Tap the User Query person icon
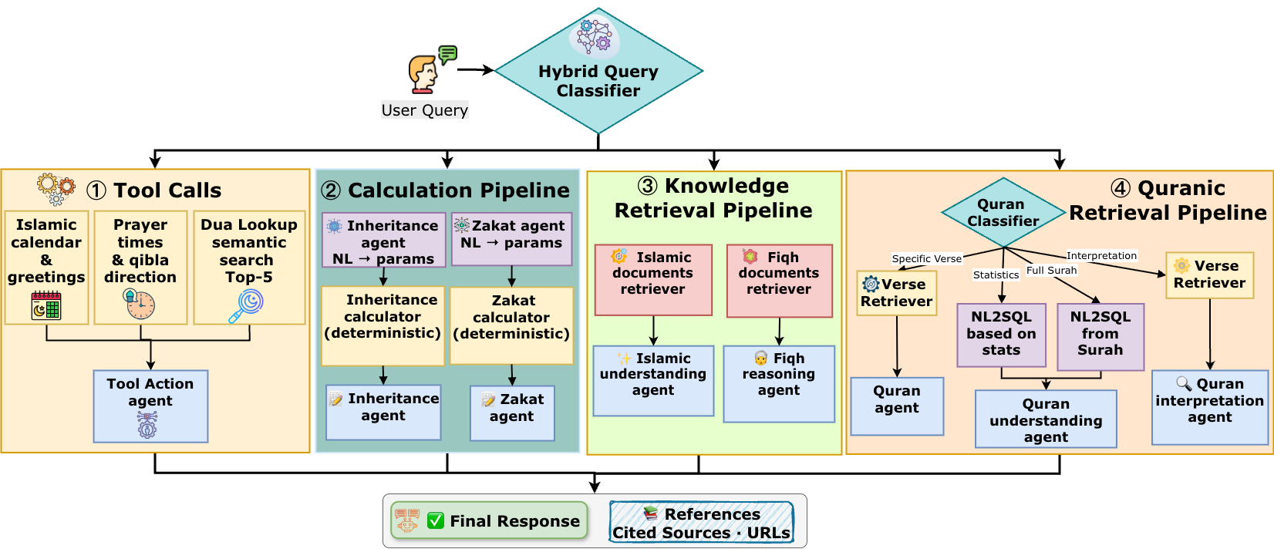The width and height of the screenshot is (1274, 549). (423, 74)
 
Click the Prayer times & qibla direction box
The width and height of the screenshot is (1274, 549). (140, 267)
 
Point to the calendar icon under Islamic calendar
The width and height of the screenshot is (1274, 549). (46, 305)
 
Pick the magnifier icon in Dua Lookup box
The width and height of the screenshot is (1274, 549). (247, 306)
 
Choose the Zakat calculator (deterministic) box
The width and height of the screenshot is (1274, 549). (511, 325)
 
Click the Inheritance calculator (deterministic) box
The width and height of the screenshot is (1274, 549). (383, 325)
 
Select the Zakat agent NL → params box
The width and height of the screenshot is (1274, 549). (511, 239)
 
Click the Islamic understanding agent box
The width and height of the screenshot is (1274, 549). (653, 380)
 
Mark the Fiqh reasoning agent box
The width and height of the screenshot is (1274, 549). (779, 383)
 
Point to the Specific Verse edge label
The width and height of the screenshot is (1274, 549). (926, 259)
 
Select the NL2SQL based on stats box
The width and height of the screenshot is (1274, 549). (1001, 335)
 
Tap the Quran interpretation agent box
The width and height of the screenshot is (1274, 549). (1209, 407)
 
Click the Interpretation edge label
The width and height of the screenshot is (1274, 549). (1101, 256)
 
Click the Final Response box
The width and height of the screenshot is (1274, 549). (489, 521)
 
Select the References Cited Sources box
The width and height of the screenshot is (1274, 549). (701, 523)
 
